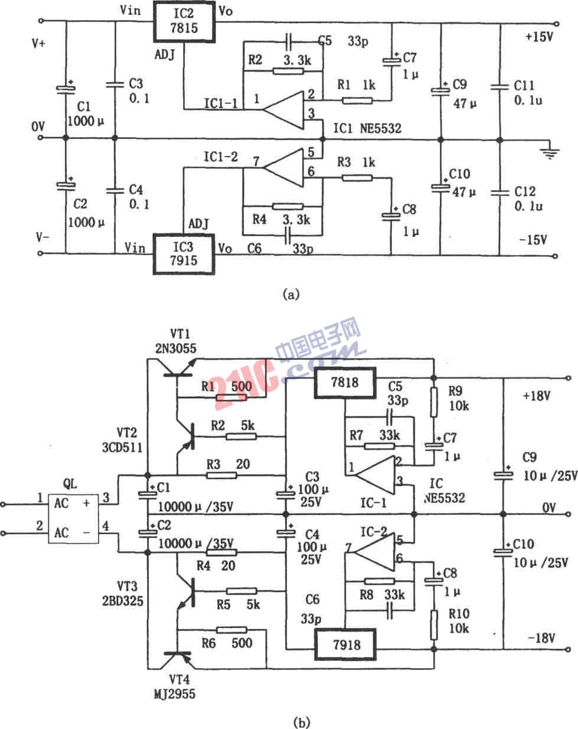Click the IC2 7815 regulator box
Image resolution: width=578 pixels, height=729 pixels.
click(185, 22)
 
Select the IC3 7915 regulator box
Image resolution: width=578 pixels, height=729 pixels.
click(185, 253)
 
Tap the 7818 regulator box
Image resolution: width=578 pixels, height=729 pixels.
click(345, 383)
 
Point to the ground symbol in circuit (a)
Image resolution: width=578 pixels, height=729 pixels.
click(550, 152)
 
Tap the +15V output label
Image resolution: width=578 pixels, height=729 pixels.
click(538, 37)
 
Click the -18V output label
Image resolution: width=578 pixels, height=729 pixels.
click(541, 638)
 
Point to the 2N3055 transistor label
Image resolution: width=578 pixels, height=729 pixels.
click(175, 348)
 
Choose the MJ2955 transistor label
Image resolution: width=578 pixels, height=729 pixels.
click(172, 694)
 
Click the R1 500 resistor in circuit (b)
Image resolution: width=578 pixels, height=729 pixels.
click(231, 398)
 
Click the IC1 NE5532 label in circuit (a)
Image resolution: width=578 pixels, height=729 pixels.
click(367, 128)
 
